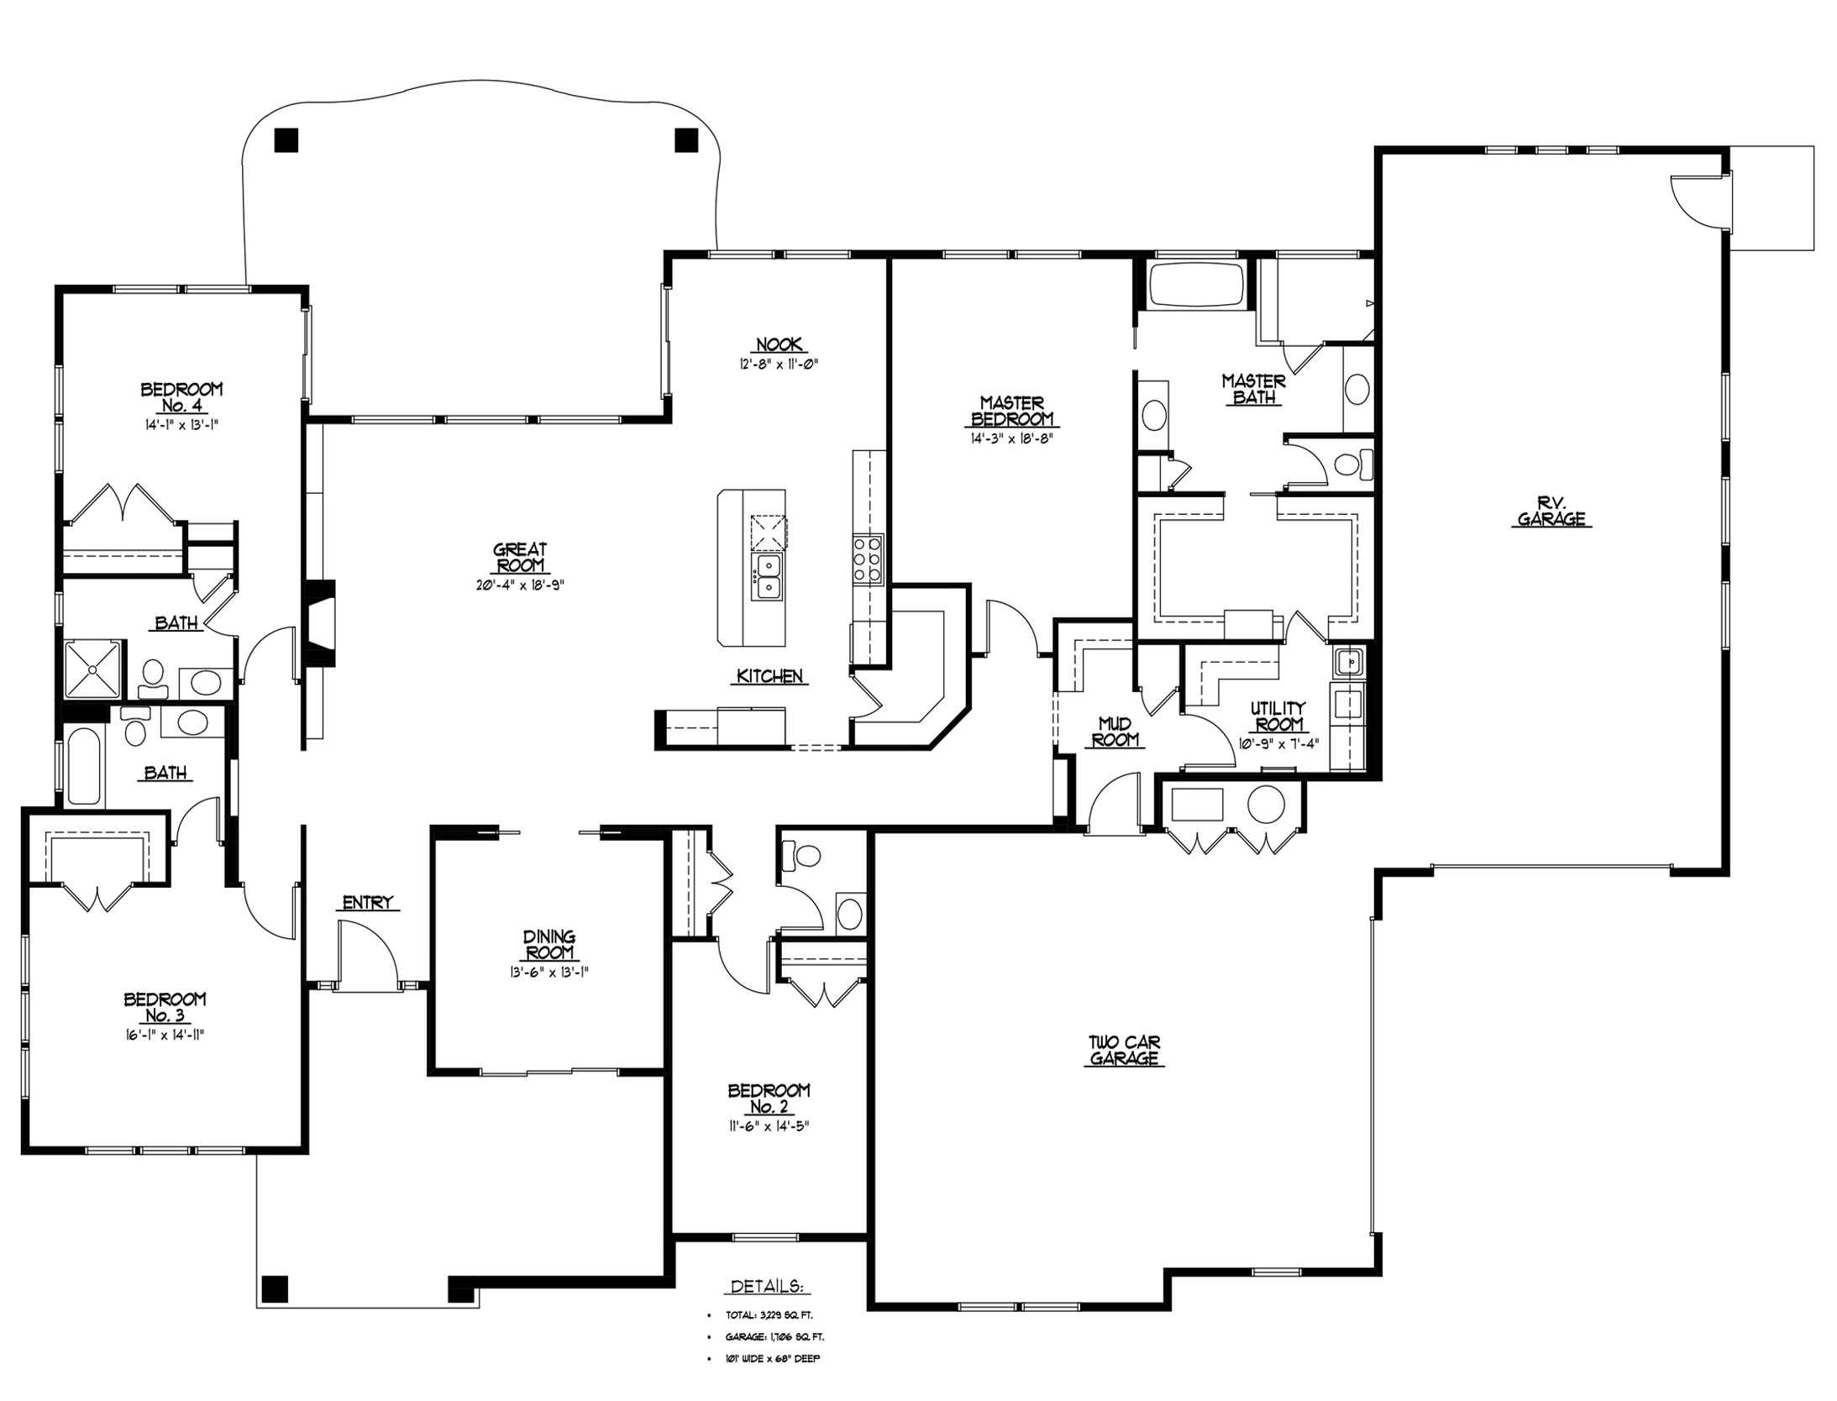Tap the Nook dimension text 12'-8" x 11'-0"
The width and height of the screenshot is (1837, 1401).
pos(778,365)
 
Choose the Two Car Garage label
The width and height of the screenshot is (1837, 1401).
pos(1124,1051)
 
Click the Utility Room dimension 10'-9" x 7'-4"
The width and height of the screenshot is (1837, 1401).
pos(1278,743)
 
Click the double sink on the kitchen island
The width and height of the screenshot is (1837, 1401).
pos(768,575)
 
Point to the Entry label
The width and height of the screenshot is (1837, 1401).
pos(367,903)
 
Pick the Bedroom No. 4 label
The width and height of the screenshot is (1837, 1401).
pos(181,398)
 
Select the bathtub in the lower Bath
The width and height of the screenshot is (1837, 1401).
pos(83,767)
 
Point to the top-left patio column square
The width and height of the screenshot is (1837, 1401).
pos(286,139)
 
